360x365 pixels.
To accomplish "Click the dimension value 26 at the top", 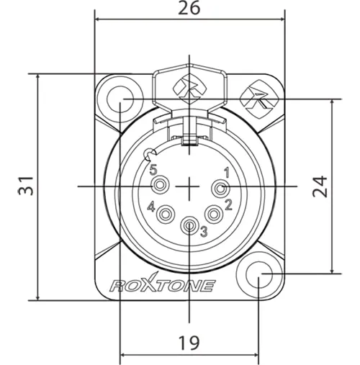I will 189,9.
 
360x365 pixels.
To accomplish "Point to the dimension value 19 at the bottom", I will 189,343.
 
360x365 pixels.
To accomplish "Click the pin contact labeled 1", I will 220,189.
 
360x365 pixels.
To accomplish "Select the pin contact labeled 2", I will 213,215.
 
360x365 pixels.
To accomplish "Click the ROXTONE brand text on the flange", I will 162,285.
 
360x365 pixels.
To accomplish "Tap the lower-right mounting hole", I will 260,277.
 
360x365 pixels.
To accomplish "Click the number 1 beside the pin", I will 227,172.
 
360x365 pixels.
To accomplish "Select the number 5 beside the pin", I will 153,170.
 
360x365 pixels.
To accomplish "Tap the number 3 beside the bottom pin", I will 204,232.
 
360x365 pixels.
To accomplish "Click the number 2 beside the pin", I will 228,204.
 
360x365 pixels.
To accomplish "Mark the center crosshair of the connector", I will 189,186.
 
